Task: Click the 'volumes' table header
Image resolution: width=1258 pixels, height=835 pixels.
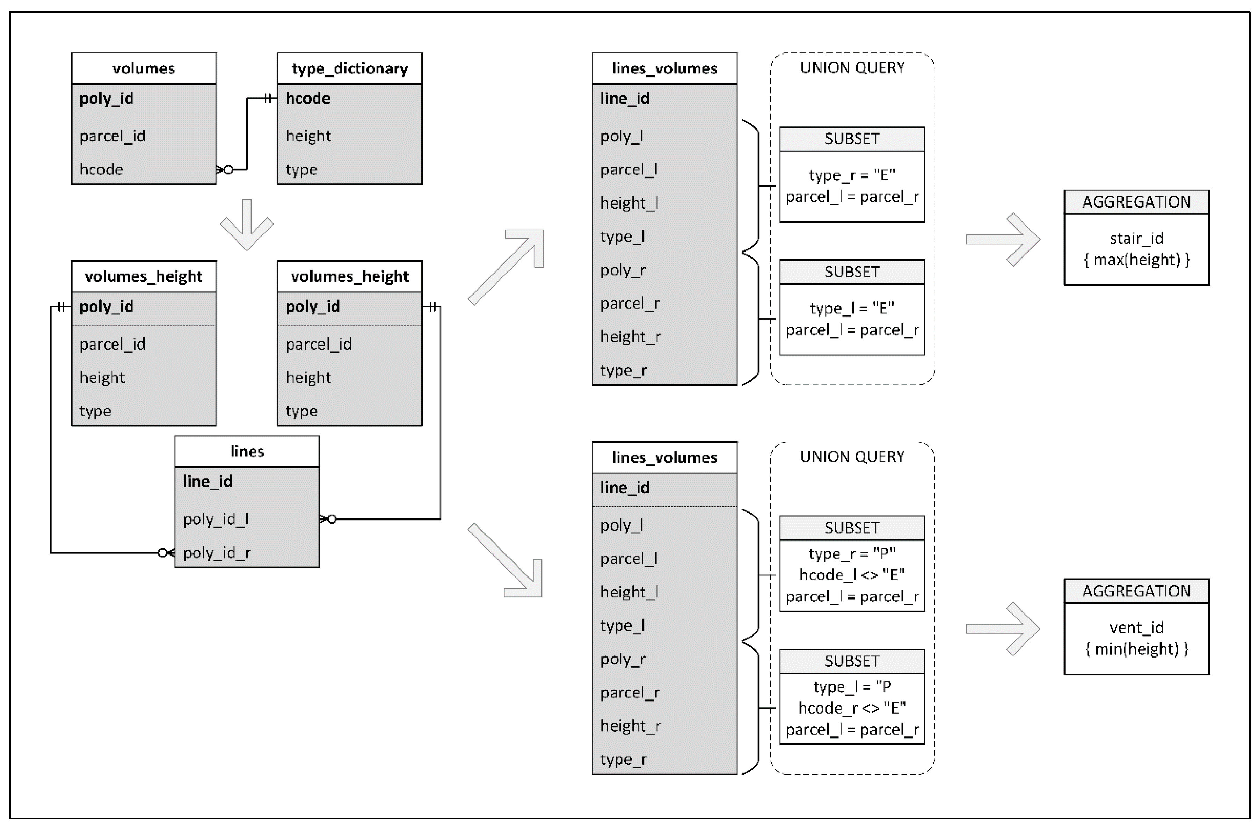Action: pos(143,68)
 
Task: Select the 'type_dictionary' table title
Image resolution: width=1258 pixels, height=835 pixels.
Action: pos(349,68)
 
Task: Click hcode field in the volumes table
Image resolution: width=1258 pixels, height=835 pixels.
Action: pos(101,169)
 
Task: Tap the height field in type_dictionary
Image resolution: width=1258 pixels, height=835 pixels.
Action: pos(308,136)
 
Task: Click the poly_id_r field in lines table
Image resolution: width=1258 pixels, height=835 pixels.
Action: pos(216,553)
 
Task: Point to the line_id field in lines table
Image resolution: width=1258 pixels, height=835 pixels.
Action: pos(207,481)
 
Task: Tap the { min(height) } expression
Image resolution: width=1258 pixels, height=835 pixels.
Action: pos(1137,649)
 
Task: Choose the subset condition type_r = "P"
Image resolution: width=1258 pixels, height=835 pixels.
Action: pos(851,554)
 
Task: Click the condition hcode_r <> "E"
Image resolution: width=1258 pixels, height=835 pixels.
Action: pos(851,708)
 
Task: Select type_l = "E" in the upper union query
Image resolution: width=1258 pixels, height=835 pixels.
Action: pos(851,308)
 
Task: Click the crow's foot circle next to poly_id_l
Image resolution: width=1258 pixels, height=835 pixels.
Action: pos(331,519)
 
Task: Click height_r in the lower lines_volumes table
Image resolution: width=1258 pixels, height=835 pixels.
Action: pos(630,726)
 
